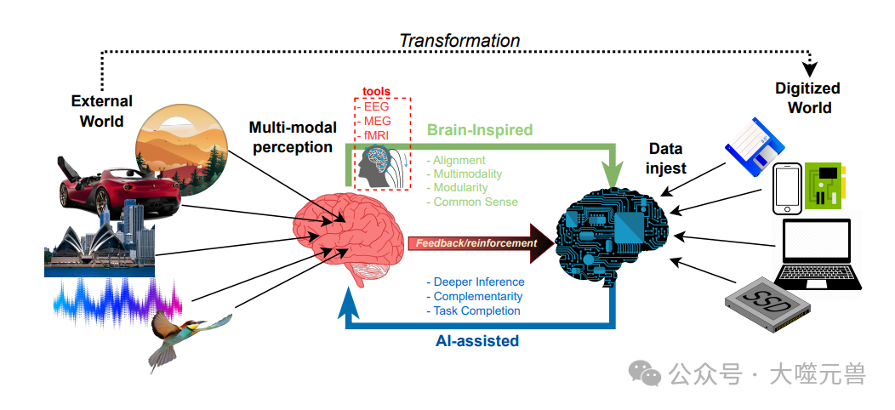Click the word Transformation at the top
point(459,41)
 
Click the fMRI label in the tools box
point(376,135)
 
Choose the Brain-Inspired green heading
point(480,130)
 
